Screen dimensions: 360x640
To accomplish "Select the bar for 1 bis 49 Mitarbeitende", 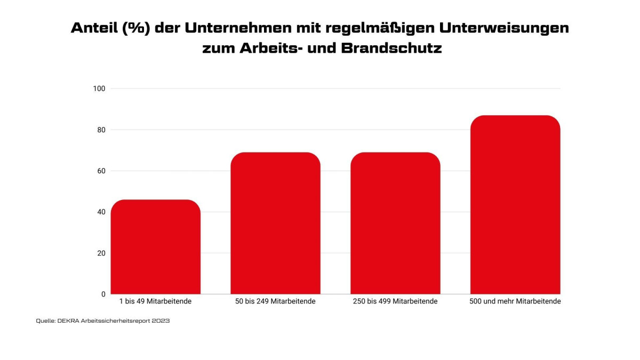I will point(155,247).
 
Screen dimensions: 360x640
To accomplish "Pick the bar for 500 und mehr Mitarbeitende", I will point(515,205).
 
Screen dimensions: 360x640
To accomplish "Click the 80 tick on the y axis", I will point(101,130).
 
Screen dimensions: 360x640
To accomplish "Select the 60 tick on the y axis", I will point(101,171).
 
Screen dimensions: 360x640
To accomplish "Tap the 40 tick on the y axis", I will point(101,212).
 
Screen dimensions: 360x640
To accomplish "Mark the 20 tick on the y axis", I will point(101,253).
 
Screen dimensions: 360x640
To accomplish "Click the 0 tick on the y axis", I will point(103,294).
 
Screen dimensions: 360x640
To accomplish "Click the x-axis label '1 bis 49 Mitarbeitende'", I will point(155,301).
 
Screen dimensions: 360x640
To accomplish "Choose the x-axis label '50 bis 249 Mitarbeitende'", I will point(275,301).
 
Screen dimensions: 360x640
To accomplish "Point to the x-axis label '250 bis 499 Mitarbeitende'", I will point(395,301).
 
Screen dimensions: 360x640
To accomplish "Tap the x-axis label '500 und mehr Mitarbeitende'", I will point(515,301).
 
